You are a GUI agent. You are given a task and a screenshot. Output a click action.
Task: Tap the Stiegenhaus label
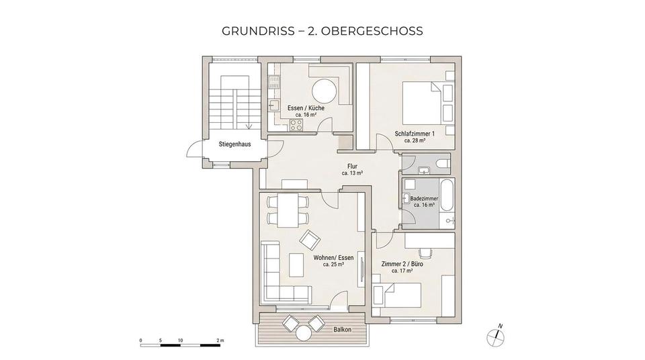[x=234, y=144]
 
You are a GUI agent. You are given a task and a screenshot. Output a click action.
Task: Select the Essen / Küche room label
[x=306, y=108]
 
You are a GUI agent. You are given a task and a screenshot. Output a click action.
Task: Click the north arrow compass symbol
[x=498, y=336]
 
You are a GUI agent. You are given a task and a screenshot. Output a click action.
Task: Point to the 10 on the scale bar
[x=180, y=341]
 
